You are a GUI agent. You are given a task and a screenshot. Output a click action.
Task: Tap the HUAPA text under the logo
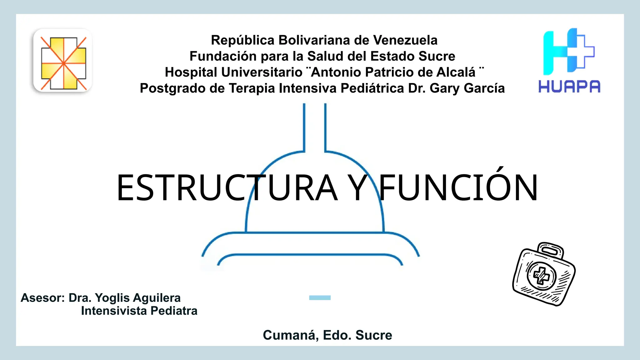[x=569, y=87]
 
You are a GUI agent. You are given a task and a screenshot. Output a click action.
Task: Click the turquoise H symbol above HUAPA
[x=559, y=52]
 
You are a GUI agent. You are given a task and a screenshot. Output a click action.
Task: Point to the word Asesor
[x=42, y=298]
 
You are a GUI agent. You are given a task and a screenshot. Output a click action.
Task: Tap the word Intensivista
[x=114, y=311]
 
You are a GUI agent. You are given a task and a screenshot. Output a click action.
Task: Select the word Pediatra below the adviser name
[x=174, y=311]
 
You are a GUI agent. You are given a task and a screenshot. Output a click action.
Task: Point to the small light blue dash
[x=320, y=298]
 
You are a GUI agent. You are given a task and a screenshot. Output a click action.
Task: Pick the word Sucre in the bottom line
[x=374, y=335]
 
